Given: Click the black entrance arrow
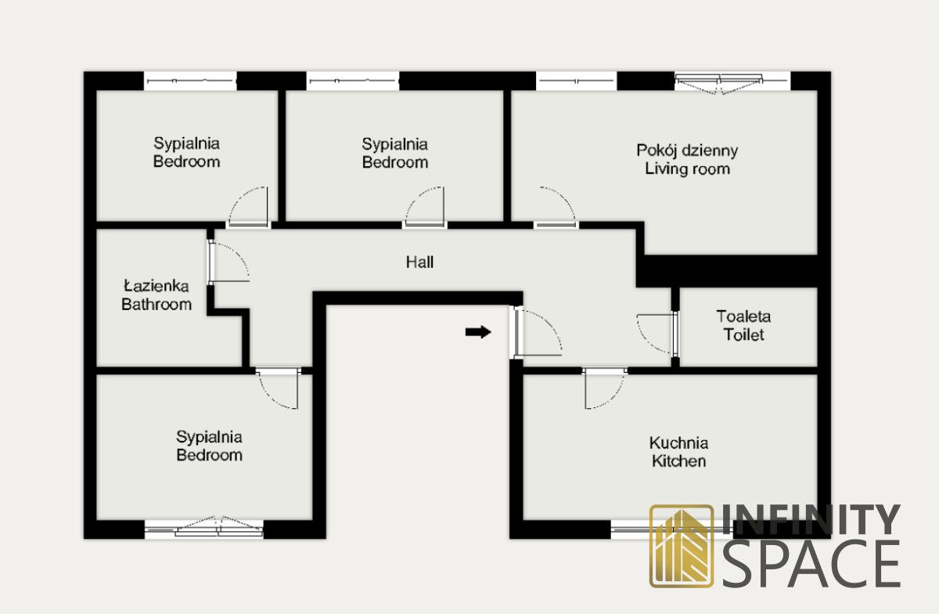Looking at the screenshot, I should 478,332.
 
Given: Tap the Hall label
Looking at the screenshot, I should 419,262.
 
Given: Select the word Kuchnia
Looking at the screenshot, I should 678,442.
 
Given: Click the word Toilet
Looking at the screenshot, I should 743,335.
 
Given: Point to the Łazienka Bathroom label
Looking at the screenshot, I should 156,295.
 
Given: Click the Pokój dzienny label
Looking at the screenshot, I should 687,150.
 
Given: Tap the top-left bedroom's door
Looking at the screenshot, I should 248,208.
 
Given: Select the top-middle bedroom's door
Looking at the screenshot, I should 425,208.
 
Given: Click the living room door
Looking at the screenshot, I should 556,208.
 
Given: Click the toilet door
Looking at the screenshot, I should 657,334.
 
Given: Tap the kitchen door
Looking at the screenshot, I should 605,387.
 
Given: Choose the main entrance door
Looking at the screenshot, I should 536,332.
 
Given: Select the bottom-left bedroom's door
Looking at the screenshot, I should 279,388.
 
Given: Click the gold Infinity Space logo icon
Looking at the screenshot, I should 682,546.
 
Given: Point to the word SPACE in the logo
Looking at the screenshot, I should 810,562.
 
